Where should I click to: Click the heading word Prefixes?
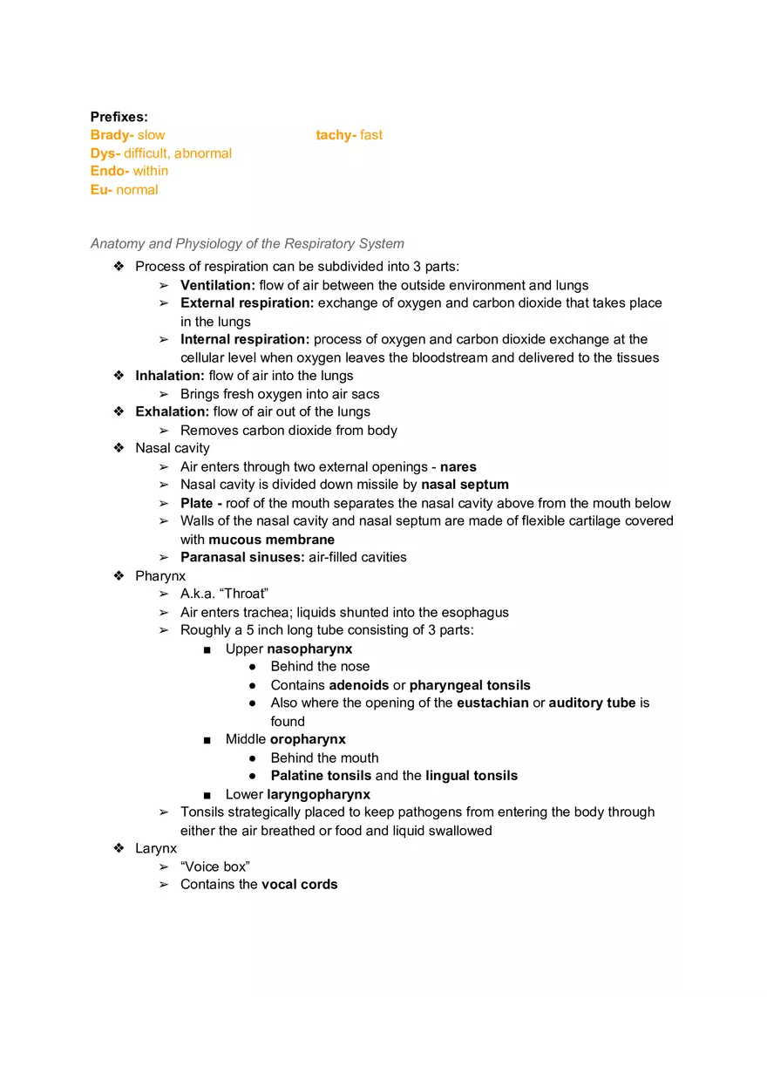point(119,117)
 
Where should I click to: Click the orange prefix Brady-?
point(112,135)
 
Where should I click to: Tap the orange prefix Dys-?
point(105,153)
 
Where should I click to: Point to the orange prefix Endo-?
point(110,171)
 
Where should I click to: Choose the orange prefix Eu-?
point(101,190)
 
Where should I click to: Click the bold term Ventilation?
point(218,285)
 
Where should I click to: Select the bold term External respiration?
point(248,303)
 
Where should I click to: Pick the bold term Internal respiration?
point(245,339)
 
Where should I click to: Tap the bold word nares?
point(458,466)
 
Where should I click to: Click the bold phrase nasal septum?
point(465,485)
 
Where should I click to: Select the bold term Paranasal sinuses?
point(242,557)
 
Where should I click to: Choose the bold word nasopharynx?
point(309,649)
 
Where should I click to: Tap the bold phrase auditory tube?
point(592,703)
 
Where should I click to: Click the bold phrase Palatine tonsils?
point(321,776)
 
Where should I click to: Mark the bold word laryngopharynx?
point(318,794)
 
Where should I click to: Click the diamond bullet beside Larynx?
point(119,848)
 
